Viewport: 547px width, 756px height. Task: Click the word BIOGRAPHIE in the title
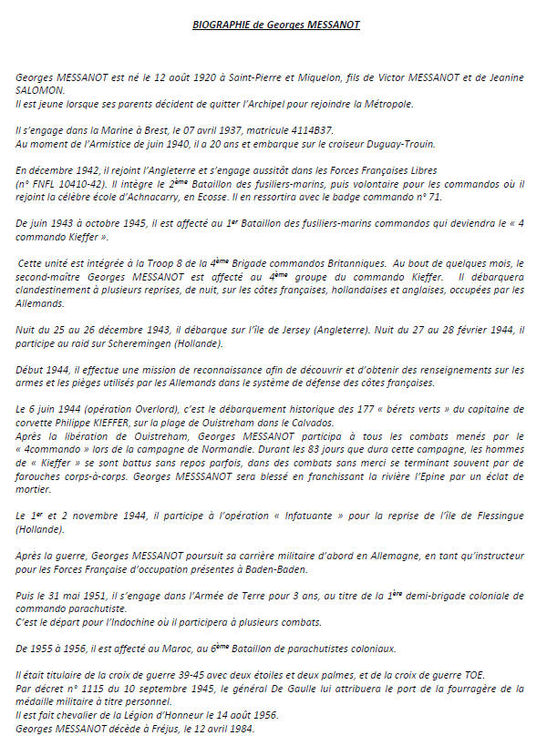(x=222, y=25)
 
